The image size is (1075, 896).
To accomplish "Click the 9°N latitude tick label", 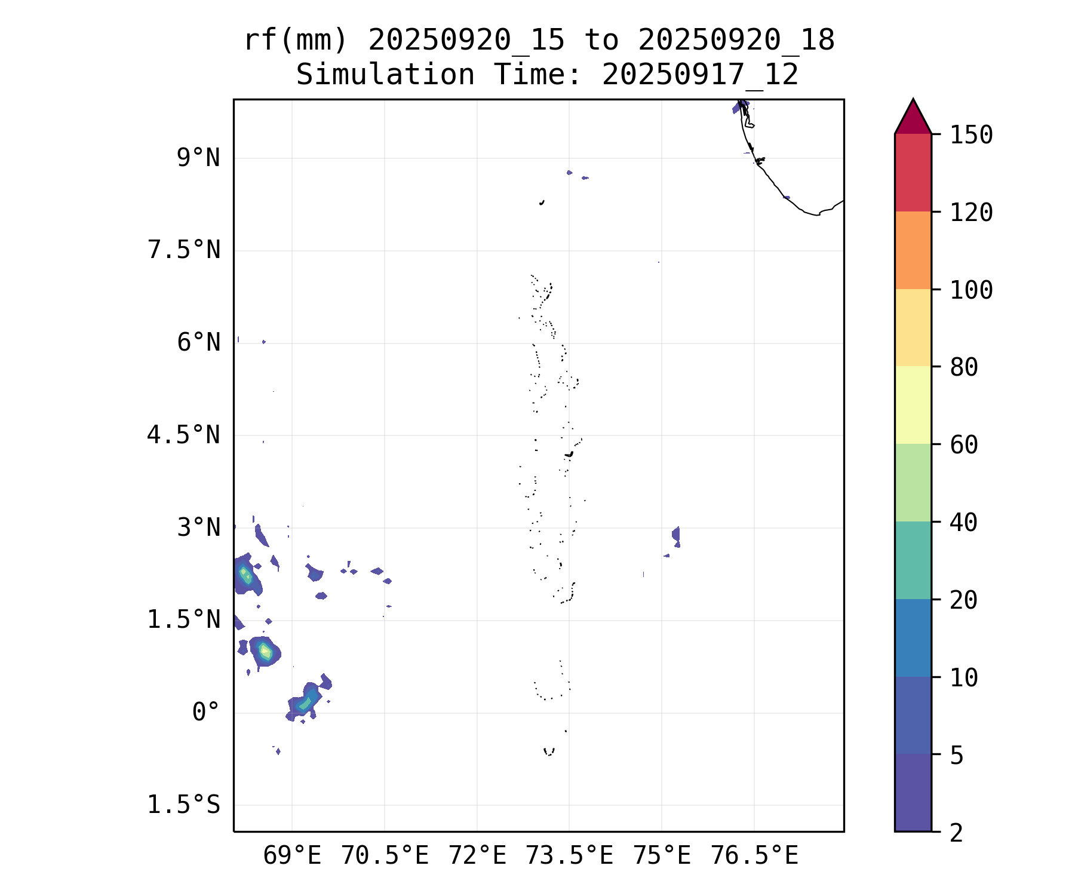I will pos(198,158).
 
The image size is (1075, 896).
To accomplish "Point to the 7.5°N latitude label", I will pos(183,250).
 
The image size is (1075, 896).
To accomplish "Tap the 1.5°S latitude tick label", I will pos(183,805).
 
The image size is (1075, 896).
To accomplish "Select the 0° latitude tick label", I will pos(205,713).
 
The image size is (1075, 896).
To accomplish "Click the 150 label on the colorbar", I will pos(971,135).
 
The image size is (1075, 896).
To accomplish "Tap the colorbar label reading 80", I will pos(964,367).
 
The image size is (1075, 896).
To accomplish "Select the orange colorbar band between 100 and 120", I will pos(913,250).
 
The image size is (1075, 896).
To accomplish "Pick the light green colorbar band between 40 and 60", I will pos(913,483).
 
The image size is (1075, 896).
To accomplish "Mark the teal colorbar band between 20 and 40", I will pos(913,560).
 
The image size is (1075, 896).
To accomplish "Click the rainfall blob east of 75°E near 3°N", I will pos(676,535).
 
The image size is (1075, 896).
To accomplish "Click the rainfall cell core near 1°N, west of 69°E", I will pos(265,651).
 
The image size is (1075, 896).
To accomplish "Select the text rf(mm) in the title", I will pos(296,41).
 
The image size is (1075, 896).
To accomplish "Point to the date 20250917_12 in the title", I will pos(700,75).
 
